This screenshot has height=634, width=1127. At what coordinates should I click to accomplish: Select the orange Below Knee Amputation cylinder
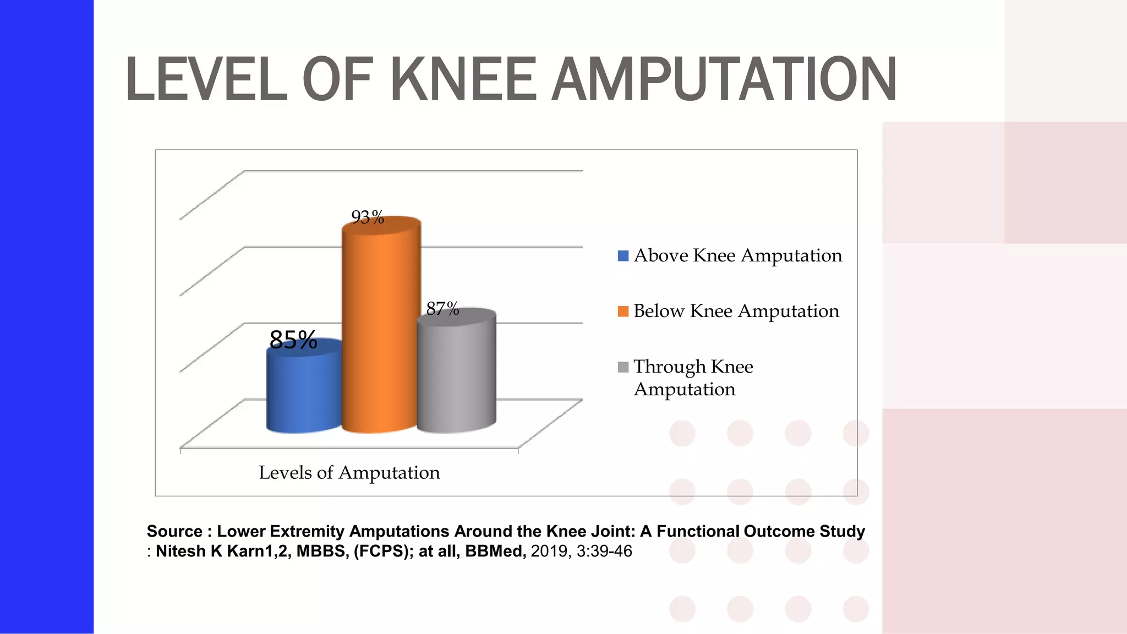tap(381, 330)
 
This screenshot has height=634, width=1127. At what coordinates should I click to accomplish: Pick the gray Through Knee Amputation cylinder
tap(456, 374)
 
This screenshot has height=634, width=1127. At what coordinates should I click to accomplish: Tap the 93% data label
tap(368, 217)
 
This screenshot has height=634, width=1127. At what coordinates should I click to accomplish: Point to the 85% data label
tap(293, 340)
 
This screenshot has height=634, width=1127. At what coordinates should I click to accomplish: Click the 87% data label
tap(442, 309)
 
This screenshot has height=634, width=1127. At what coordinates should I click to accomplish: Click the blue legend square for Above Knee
tap(623, 256)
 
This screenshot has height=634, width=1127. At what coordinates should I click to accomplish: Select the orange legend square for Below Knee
tap(623, 311)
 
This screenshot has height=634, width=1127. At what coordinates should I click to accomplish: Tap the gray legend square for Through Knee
tap(623, 367)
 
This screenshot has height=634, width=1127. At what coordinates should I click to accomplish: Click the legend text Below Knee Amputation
tap(736, 311)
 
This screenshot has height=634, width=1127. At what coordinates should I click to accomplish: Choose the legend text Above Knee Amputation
tap(737, 255)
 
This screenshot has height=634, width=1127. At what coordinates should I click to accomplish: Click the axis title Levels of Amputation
tap(349, 472)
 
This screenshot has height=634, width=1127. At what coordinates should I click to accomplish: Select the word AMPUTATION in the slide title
tap(724, 80)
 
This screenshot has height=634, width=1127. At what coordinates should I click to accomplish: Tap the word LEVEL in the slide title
tap(207, 80)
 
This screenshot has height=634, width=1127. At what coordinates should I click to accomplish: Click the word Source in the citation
tap(174, 531)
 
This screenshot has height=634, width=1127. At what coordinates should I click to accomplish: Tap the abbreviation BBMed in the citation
tap(495, 551)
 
